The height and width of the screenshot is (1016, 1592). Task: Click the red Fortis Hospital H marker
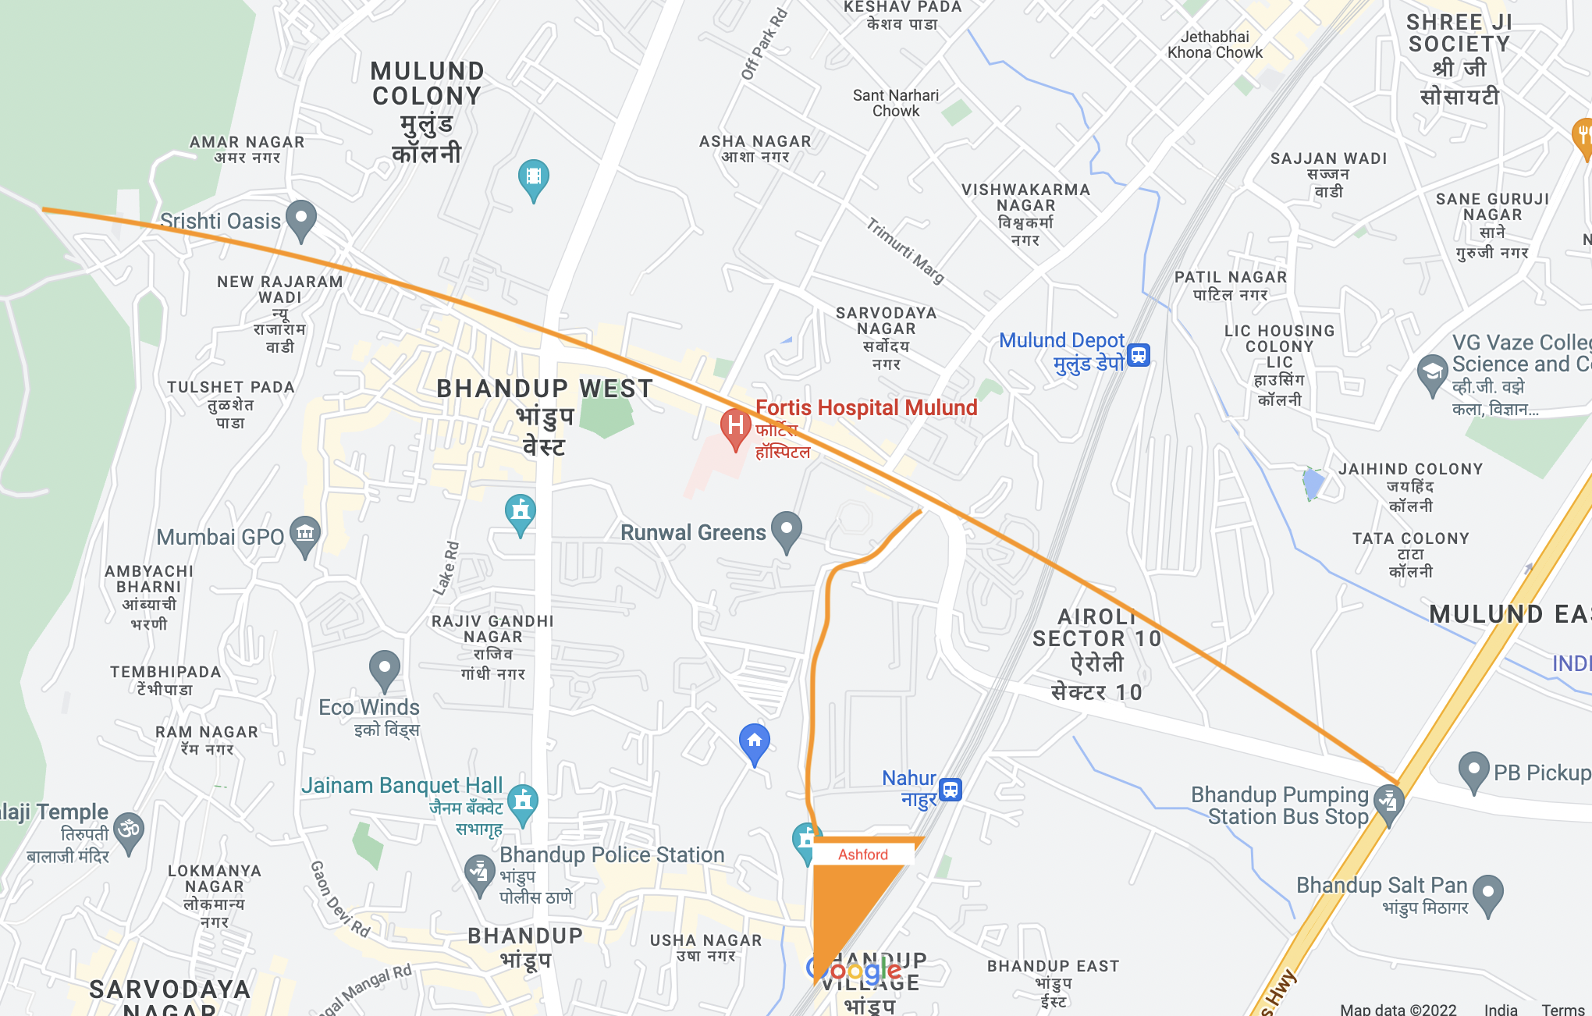click(x=734, y=426)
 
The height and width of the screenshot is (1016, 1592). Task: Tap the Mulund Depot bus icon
click(x=1139, y=355)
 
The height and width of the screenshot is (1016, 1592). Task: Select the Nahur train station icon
click(x=950, y=790)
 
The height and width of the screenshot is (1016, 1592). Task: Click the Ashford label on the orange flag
click(x=862, y=854)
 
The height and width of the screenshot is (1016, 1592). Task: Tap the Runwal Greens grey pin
click(x=786, y=530)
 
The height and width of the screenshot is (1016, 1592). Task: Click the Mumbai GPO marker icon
click(x=304, y=535)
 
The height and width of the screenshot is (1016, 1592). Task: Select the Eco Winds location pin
click(x=384, y=668)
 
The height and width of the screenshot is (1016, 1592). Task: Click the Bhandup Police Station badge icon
click(x=479, y=872)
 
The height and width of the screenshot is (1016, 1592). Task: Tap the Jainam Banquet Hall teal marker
click(x=523, y=801)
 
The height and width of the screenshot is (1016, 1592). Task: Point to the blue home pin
click(x=754, y=741)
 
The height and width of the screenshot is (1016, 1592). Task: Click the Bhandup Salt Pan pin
click(x=1487, y=893)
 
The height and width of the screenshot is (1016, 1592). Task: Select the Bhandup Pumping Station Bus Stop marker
click(x=1388, y=802)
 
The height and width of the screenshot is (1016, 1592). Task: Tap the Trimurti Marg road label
click(x=905, y=250)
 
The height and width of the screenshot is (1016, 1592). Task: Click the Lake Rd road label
click(x=447, y=568)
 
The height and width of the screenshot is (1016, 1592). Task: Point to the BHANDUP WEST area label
click(x=544, y=389)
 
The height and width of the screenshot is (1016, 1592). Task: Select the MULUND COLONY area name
click(x=427, y=83)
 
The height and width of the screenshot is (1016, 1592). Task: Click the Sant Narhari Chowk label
click(x=896, y=103)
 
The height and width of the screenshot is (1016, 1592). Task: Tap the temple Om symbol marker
click(x=129, y=829)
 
